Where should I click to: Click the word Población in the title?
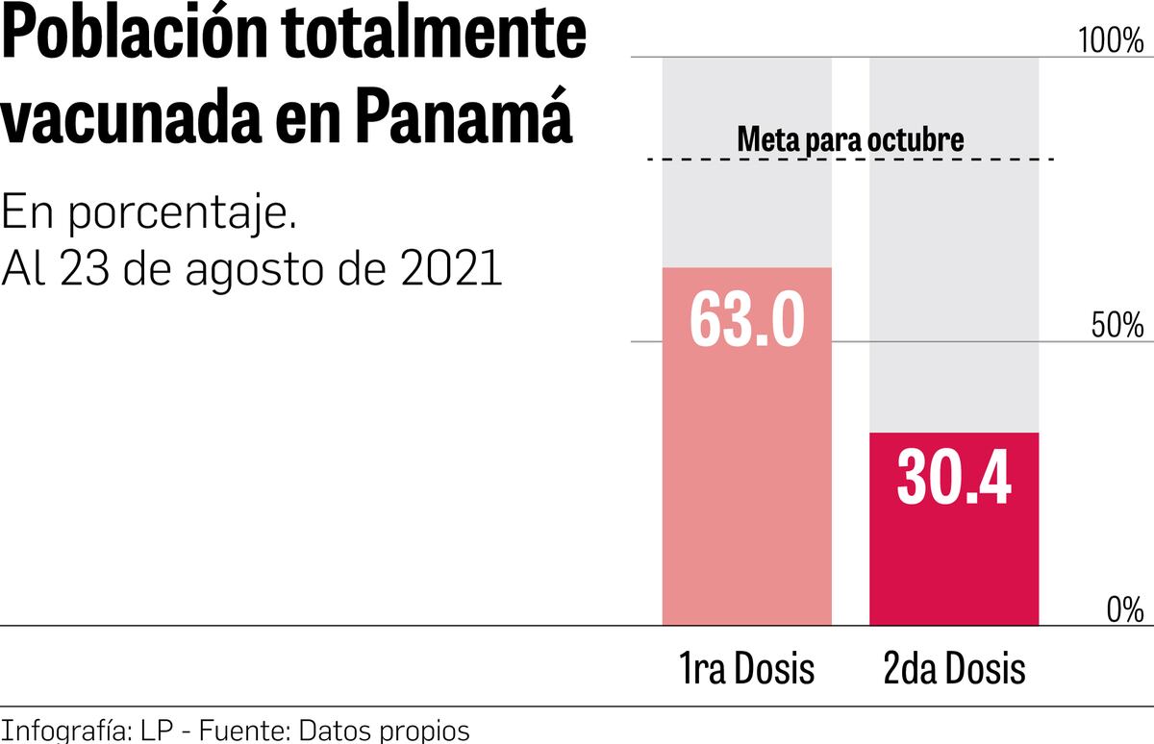tap(134, 38)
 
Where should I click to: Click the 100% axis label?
tap(1111, 41)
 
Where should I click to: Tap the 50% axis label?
tap(1117, 326)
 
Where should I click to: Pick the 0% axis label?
tap(1123, 609)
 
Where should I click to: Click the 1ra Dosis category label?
tap(747, 668)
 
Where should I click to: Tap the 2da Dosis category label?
tap(954, 668)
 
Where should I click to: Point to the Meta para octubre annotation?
tap(850, 139)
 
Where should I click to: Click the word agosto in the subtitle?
tap(243, 269)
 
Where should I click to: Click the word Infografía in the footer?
tap(62, 729)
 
